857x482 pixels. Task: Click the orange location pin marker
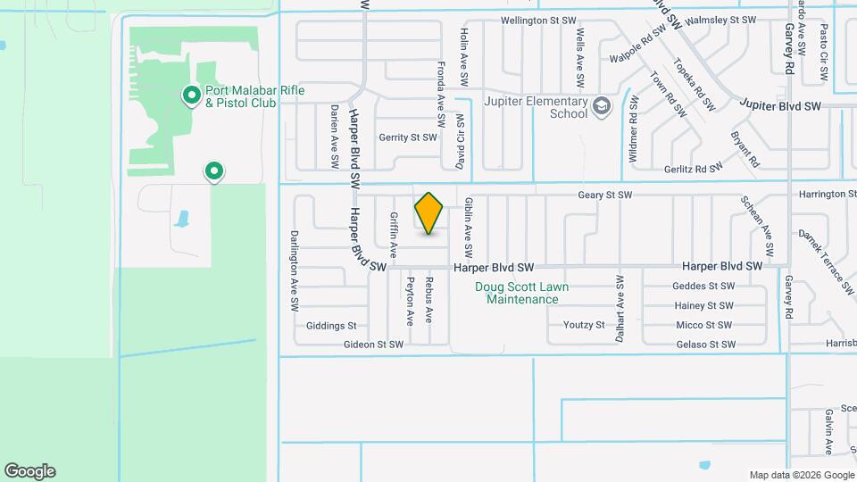(429, 212)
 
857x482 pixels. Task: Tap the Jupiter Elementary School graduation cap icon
(602, 106)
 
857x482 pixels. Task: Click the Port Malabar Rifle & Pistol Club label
(240, 96)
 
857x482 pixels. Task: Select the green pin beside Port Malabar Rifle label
(190, 94)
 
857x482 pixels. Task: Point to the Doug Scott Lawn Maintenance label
(522, 293)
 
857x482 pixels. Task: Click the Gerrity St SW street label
(408, 137)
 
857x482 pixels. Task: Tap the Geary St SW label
(604, 195)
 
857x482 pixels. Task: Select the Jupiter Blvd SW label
(779, 106)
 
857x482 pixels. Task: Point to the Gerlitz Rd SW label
(693, 169)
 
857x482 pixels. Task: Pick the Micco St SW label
(703, 326)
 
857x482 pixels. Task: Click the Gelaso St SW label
(705, 345)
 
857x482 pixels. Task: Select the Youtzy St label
(584, 325)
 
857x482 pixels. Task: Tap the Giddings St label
(330, 326)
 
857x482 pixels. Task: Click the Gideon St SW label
(373, 345)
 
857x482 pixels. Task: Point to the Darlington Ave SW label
(293, 270)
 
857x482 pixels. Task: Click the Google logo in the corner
(29, 470)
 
